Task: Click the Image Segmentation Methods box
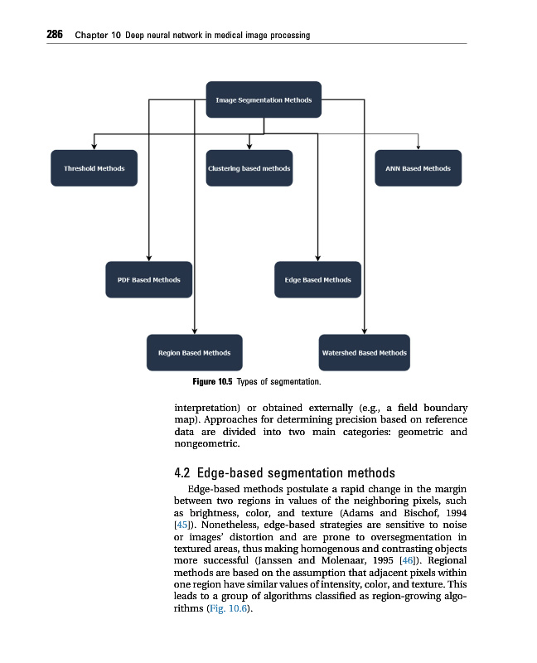click(x=264, y=100)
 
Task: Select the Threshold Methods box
click(x=94, y=168)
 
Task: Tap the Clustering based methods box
click(x=249, y=168)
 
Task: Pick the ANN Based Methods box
click(x=418, y=168)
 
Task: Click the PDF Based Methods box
click(x=149, y=279)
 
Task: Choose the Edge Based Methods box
click(x=317, y=279)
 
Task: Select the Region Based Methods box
click(x=194, y=352)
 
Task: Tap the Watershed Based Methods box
click(x=364, y=352)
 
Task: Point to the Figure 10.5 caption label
click(x=213, y=381)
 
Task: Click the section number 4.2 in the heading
click(x=183, y=474)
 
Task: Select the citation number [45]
click(x=184, y=525)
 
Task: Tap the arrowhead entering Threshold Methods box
click(x=94, y=147)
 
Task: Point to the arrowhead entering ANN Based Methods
click(x=418, y=147)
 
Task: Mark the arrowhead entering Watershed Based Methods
click(x=364, y=331)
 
